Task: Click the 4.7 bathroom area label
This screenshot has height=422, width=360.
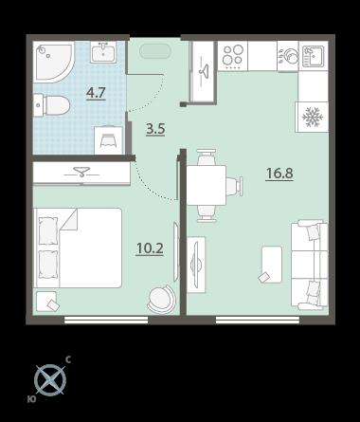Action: (96, 93)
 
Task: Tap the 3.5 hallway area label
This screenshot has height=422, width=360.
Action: (155, 129)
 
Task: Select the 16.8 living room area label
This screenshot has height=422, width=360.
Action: (279, 174)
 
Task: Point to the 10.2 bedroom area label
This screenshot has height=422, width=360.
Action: (150, 248)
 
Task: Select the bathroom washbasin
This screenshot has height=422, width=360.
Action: (103, 52)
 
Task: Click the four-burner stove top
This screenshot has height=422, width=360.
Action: (233, 56)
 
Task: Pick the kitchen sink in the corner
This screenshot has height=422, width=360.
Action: (314, 56)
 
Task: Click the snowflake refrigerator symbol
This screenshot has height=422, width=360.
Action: (313, 118)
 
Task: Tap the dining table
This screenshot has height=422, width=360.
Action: (207, 185)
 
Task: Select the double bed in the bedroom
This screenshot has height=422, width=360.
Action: (78, 248)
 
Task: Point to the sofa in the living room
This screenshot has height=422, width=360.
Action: (310, 264)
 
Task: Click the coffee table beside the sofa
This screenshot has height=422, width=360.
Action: (271, 265)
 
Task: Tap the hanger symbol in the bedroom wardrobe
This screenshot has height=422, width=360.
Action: (81, 173)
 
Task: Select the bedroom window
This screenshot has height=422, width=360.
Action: (106, 320)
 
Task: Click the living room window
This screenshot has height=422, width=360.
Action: (258, 320)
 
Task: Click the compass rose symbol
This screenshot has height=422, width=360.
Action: (50, 380)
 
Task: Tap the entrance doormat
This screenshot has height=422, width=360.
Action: (155, 51)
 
